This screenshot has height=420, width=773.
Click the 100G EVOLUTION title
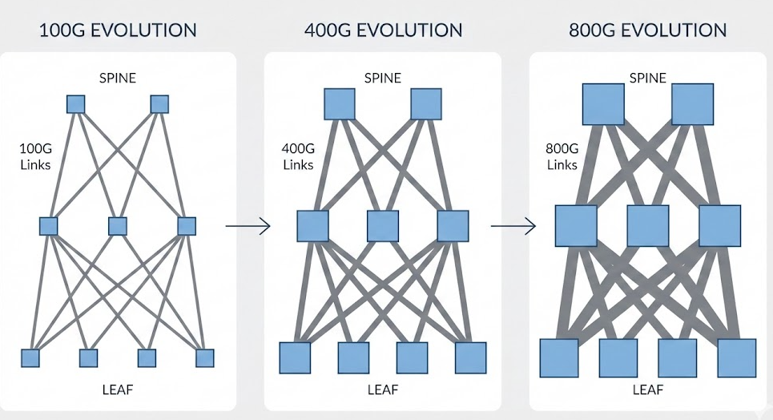pyautogui.click(x=118, y=31)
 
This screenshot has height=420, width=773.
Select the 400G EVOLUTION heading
pyautogui.click(x=383, y=31)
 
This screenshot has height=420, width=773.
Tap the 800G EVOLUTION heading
pyautogui.click(x=648, y=31)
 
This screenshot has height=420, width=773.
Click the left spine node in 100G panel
pyautogui.click(x=75, y=104)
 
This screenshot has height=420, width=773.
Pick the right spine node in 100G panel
pyautogui.click(x=159, y=104)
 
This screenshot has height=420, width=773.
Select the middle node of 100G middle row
pyautogui.click(x=118, y=226)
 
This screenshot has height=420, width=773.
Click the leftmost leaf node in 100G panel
pyautogui.click(x=30, y=357)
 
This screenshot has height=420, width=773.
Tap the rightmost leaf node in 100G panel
pyautogui.click(x=205, y=357)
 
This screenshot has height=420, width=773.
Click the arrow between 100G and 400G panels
pyautogui.click(x=248, y=227)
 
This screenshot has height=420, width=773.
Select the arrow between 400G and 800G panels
pyautogui.click(x=513, y=227)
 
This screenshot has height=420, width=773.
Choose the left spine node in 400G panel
pyautogui.click(x=339, y=104)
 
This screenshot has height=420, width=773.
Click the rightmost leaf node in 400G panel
pyautogui.click(x=470, y=357)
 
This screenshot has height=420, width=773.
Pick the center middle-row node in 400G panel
pyautogui.click(x=383, y=226)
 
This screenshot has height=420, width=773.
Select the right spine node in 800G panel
pyautogui.click(x=692, y=105)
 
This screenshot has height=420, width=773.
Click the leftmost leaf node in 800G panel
pyautogui.click(x=559, y=357)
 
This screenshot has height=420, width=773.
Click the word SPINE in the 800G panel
pyautogui.click(x=648, y=78)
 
